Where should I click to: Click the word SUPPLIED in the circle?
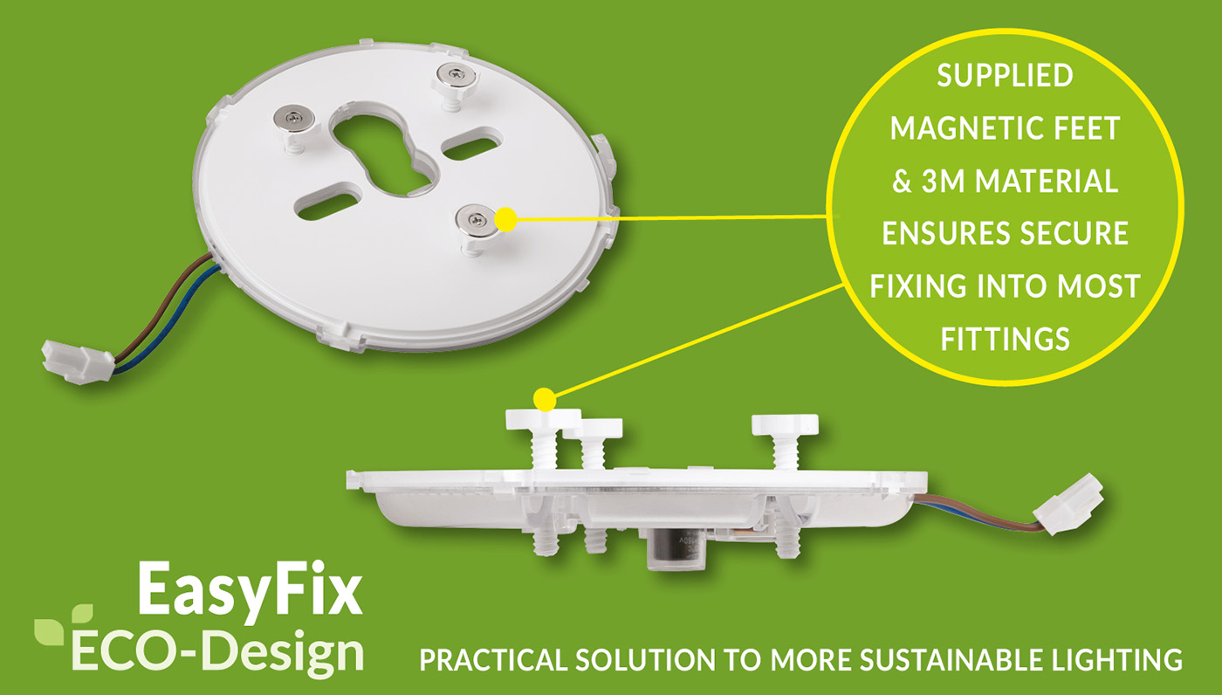(1005, 75)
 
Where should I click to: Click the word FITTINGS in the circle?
(1005, 339)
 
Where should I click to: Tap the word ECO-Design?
(217, 653)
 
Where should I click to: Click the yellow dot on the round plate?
(506, 219)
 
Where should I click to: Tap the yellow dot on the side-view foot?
(545, 399)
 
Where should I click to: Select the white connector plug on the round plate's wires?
(78, 362)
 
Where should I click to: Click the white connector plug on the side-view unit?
(1068, 504)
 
